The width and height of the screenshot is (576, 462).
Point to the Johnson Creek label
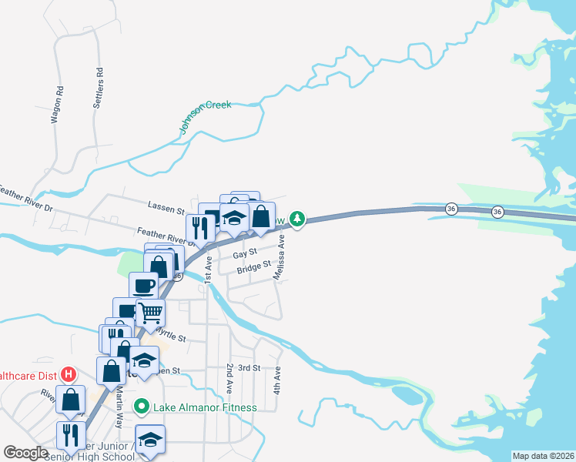tap(206, 116)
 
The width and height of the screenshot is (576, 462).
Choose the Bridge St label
tap(254, 268)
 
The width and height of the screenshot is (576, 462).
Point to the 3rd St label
tap(249, 368)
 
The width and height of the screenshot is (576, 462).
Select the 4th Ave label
tap(278, 380)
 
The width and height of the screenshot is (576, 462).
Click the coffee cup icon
tap(144, 285)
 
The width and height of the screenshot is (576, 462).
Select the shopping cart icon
tap(150, 313)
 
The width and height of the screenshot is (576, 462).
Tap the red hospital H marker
tap(68, 374)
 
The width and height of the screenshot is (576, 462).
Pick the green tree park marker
tap(297, 219)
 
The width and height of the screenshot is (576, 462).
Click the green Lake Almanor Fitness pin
tap(142, 406)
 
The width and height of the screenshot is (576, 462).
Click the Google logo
tap(26, 452)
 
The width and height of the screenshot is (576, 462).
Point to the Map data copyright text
tap(543, 455)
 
